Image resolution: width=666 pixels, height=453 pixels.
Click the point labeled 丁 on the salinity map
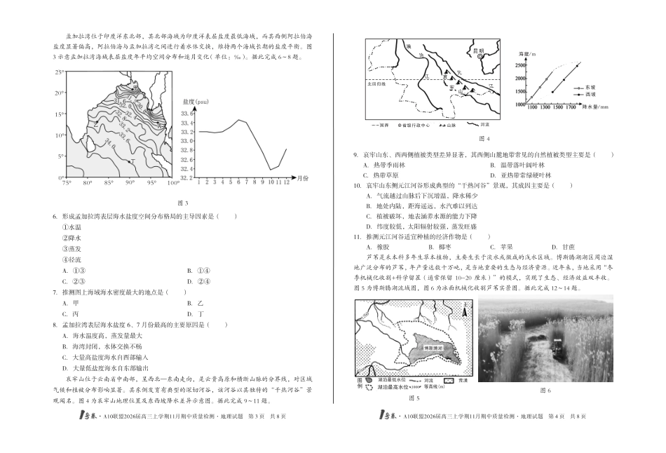pos(132,161)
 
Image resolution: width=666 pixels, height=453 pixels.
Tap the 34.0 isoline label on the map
pos(109,144)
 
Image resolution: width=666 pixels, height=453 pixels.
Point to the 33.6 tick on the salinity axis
pos(187,112)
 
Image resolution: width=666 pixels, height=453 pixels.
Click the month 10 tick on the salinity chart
pos(271,182)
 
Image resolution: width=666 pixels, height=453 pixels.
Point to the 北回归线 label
pos(376,84)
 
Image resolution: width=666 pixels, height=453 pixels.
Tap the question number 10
pos(358,185)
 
